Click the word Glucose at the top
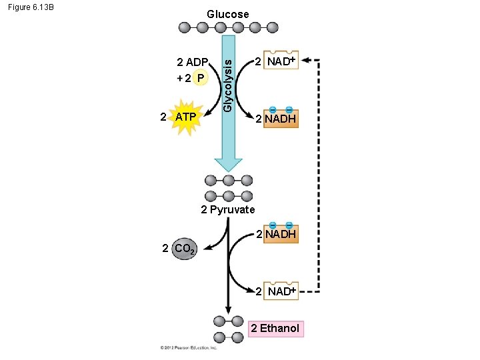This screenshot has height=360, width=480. click(x=227, y=14)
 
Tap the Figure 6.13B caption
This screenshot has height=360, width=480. click(x=31, y=8)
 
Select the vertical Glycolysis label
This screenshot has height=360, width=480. click(x=228, y=83)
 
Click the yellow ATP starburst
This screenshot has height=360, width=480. click(x=186, y=117)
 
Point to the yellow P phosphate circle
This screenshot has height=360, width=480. click(x=199, y=78)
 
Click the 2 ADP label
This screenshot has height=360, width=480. click(x=191, y=63)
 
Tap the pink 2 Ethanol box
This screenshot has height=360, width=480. click(x=275, y=328)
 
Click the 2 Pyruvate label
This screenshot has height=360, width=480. click(x=228, y=209)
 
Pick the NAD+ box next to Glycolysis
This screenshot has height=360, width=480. click(x=280, y=61)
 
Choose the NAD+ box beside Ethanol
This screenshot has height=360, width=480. click(x=280, y=291)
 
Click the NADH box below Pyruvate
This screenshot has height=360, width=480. click(x=280, y=233)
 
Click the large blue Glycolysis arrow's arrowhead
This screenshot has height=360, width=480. click(x=229, y=165)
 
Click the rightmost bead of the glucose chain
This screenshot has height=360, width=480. click(x=272, y=27)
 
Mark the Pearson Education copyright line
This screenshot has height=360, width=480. click(x=189, y=347)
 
